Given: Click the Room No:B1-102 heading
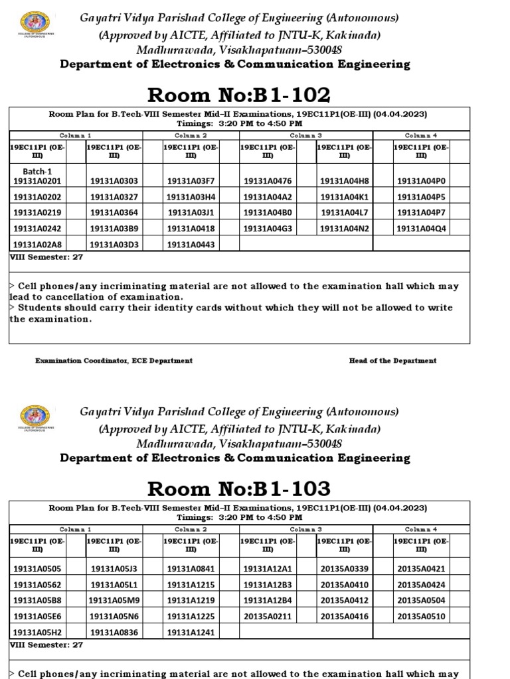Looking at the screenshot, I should (x=238, y=95).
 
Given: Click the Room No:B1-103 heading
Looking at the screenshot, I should (x=238, y=489).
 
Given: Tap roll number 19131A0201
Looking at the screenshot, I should (x=37, y=180).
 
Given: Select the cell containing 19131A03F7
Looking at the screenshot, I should (x=191, y=180).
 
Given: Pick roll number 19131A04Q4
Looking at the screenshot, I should (x=421, y=228).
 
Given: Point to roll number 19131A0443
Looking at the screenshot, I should (x=191, y=244).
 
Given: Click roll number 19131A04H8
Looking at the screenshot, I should (x=344, y=180).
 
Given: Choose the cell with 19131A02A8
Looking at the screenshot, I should (x=37, y=244).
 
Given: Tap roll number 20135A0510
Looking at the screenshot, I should (x=421, y=616).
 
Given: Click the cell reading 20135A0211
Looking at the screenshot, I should (x=268, y=616).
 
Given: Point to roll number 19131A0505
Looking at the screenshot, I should (x=37, y=568).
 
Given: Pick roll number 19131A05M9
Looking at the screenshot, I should (x=114, y=600).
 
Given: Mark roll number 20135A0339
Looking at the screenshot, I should (x=344, y=568).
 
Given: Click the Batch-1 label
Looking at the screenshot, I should (x=37, y=171).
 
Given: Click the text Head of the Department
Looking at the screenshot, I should (x=392, y=361).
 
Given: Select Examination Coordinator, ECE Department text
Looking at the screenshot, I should (x=114, y=361).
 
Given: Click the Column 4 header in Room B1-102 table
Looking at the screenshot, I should (x=422, y=135).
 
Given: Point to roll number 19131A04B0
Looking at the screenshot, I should (x=268, y=212).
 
